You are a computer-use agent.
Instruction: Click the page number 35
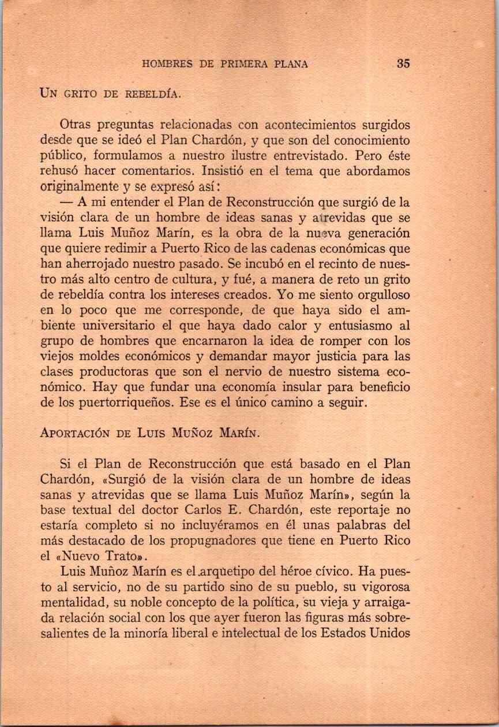(403, 64)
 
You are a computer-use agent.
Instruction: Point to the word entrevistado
(312, 155)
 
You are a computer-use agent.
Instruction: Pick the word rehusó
(61, 171)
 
